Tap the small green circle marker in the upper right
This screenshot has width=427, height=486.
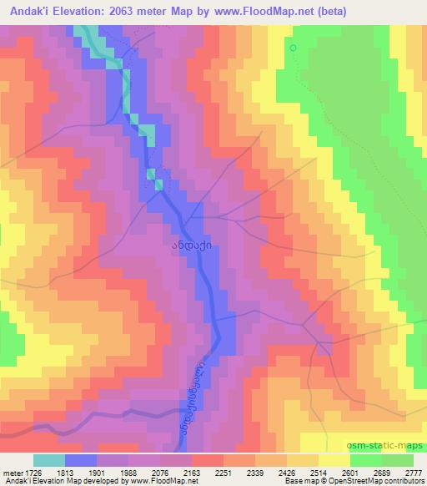tap(293, 48)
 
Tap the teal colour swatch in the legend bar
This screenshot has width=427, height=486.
tap(50, 460)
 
